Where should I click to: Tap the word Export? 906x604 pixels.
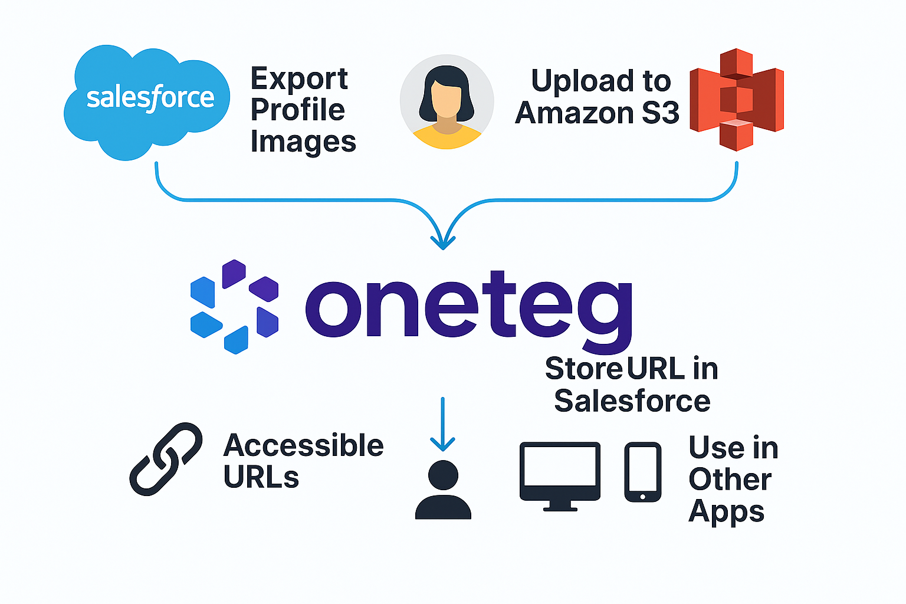tap(299, 79)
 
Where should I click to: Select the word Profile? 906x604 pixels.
tap(297, 110)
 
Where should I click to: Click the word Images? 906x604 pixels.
tap(303, 142)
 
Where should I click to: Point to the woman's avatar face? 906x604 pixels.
tap(447, 97)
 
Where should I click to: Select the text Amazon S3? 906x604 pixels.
tap(597, 113)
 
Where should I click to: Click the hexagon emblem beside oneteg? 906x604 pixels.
tap(234, 307)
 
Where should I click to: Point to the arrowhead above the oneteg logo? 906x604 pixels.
tap(443, 241)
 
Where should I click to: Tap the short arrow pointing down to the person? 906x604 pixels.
tap(442, 425)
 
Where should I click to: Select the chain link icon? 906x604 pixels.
tap(166, 458)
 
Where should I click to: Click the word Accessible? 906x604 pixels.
tap(303, 445)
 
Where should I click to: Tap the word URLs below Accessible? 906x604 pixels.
tap(261, 477)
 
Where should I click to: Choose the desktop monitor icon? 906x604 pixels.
tap(560, 475)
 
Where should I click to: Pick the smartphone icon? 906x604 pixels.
tap(642, 472)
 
